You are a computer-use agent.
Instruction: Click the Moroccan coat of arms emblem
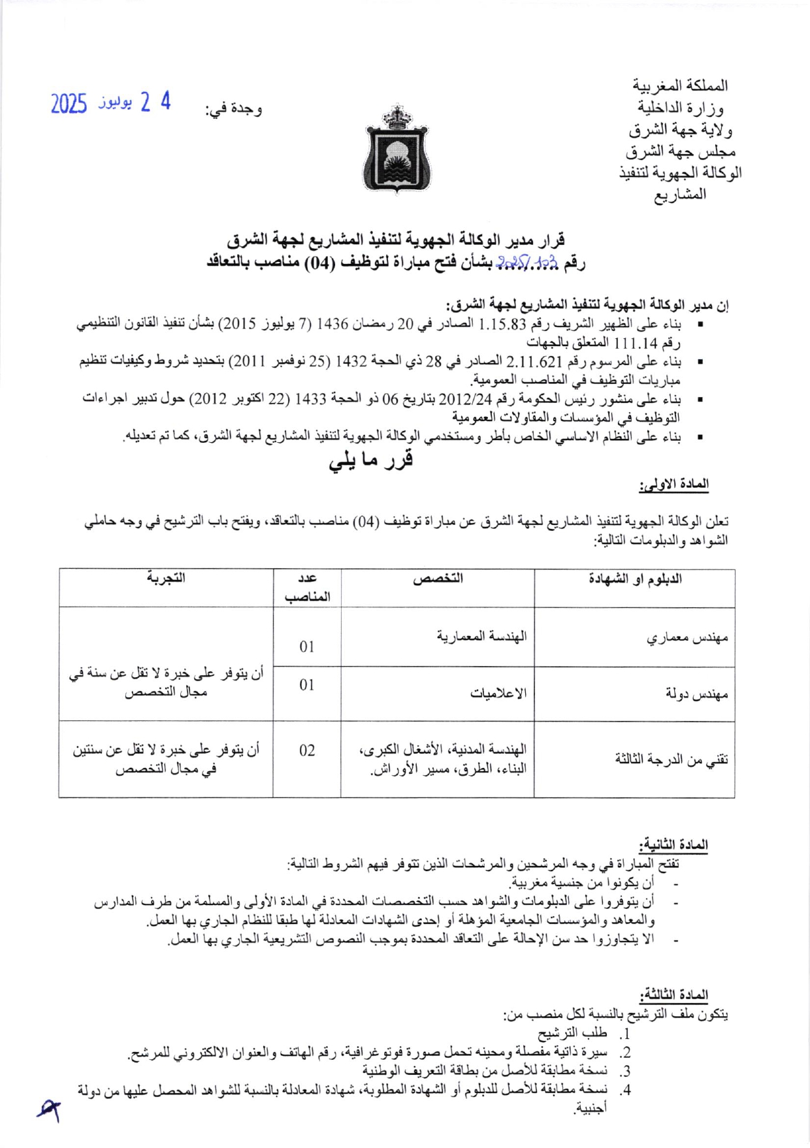[395, 149]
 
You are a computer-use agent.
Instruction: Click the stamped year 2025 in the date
[69, 104]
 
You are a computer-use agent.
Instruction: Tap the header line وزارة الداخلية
[680, 108]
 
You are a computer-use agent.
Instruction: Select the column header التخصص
[438, 579]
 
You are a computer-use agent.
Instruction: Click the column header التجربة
[166, 578]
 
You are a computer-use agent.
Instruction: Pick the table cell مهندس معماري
[687, 638]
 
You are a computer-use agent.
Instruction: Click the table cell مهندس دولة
[697, 694]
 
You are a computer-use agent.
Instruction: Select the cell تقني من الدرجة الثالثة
[671, 759]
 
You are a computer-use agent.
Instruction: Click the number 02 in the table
[307, 750]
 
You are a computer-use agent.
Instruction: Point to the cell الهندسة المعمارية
[481, 636]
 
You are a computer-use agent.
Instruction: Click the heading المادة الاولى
[673, 485]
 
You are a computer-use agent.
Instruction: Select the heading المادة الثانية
[673, 845]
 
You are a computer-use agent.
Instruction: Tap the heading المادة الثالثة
[673, 995]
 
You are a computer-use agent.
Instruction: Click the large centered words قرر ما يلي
[371, 460]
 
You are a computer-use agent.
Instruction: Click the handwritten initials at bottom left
[49, 1108]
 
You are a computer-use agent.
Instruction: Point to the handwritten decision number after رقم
[526, 263]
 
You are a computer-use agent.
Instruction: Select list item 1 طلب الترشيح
[572, 1032]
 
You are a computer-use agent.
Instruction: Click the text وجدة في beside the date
[234, 110]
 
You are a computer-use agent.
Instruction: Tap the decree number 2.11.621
[534, 361]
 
